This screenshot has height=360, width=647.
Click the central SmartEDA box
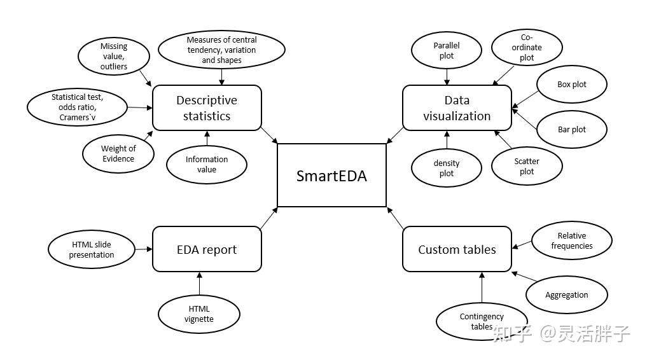point(331,175)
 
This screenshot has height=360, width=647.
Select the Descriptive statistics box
point(207,107)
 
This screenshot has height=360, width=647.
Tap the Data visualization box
point(457,107)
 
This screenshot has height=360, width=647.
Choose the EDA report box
point(207,249)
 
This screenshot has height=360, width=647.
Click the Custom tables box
point(457,249)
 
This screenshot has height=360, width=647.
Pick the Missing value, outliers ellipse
point(114,56)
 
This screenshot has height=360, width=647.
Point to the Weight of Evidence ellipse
point(118,153)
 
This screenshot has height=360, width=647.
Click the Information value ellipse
point(207,164)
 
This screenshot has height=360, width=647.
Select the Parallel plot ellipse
point(447,50)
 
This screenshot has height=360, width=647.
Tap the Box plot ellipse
point(571,84)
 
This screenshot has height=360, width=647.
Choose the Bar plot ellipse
point(571,129)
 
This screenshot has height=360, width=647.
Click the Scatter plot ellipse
point(527,167)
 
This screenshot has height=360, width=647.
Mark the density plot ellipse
point(447,168)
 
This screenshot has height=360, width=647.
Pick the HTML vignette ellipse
point(199,314)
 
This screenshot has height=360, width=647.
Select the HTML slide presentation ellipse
point(92,249)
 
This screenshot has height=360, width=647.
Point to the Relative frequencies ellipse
point(571,240)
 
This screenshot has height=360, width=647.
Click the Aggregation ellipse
point(566,294)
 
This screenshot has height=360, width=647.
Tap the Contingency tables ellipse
point(482,321)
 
